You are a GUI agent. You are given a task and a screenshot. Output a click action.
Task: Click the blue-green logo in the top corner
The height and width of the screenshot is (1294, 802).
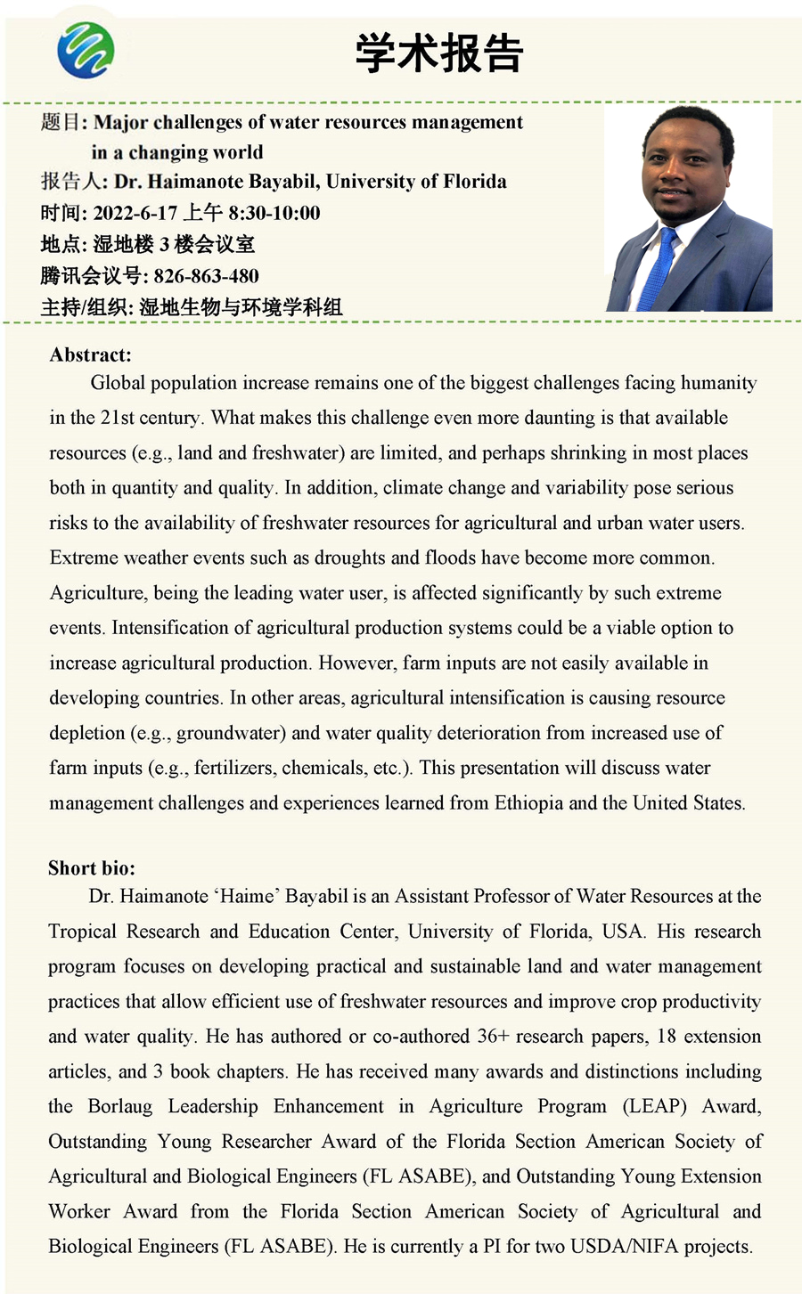[x=86, y=50]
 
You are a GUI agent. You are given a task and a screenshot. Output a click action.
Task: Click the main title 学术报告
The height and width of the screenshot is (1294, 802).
[x=439, y=53]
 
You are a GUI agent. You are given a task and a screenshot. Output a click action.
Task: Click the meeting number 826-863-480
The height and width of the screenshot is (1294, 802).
[x=206, y=275]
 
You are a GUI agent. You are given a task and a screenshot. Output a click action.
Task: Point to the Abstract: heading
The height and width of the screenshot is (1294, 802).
[x=90, y=354]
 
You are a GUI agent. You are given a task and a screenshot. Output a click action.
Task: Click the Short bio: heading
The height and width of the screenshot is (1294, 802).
[x=92, y=868]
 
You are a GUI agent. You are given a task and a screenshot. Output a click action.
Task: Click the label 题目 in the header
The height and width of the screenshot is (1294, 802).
[x=61, y=122]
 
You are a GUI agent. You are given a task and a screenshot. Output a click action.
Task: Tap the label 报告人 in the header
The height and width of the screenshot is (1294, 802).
[x=71, y=182]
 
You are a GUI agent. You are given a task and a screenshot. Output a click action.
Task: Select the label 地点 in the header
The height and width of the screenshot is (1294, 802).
[x=61, y=244]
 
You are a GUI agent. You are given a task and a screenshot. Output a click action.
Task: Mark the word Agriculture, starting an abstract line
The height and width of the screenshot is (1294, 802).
[x=99, y=593]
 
